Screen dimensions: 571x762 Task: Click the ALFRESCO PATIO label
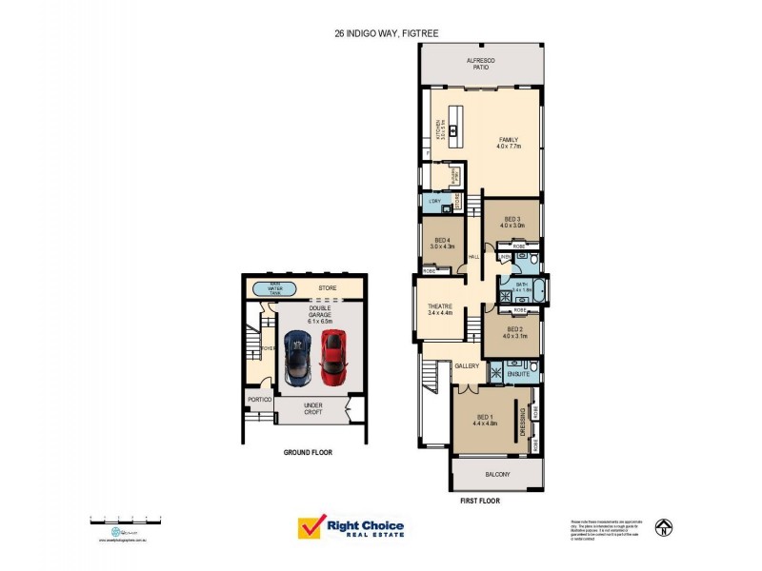coord(481,65)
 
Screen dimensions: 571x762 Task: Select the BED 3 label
coord(512,222)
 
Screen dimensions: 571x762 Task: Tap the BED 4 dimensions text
coord(441,246)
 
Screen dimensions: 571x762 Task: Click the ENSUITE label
coord(518,375)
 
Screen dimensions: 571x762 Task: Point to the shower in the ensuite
coord(496,369)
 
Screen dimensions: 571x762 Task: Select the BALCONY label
coord(497,474)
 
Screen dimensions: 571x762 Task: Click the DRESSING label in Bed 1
coord(523,421)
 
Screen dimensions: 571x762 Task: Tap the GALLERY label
coord(467,365)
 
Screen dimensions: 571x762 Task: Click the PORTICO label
coord(260,400)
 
